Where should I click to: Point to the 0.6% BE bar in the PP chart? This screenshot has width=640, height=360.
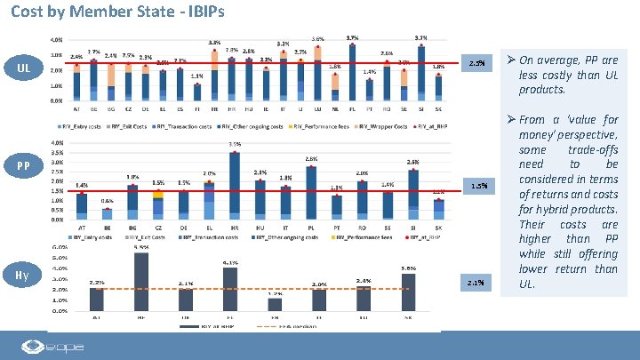pyautogui.click(x=107, y=213)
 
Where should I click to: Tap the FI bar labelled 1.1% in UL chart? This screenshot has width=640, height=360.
pyautogui.click(x=196, y=91)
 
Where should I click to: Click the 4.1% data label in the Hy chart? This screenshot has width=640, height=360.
pyautogui.click(x=230, y=262)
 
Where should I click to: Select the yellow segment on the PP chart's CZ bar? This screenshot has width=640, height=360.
pyautogui.click(x=158, y=194)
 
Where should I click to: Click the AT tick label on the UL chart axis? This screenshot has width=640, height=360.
pyautogui.click(x=76, y=108)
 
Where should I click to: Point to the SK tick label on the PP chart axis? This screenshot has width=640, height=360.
pyautogui.click(x=439, y=228)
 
